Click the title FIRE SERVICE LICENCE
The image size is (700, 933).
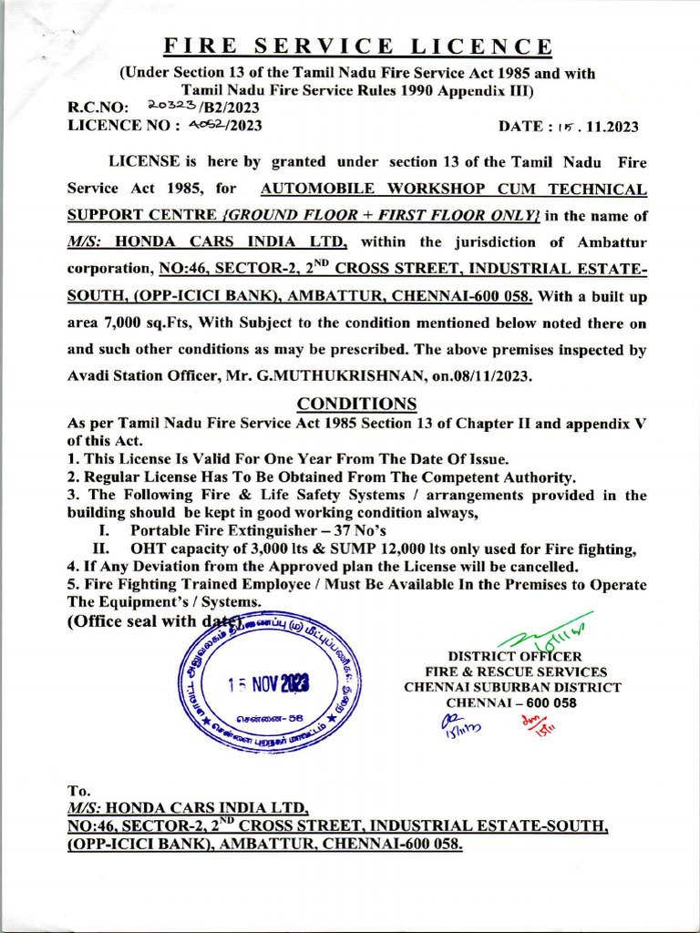(357, 46)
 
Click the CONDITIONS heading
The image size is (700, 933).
(357, 404)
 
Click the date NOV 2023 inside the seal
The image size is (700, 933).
(269, 683)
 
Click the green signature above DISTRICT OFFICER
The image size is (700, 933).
(545, 633)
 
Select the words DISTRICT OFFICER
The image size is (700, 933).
(514, 656)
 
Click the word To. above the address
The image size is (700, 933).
(80, 790)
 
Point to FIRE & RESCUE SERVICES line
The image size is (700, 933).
(515, 672)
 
